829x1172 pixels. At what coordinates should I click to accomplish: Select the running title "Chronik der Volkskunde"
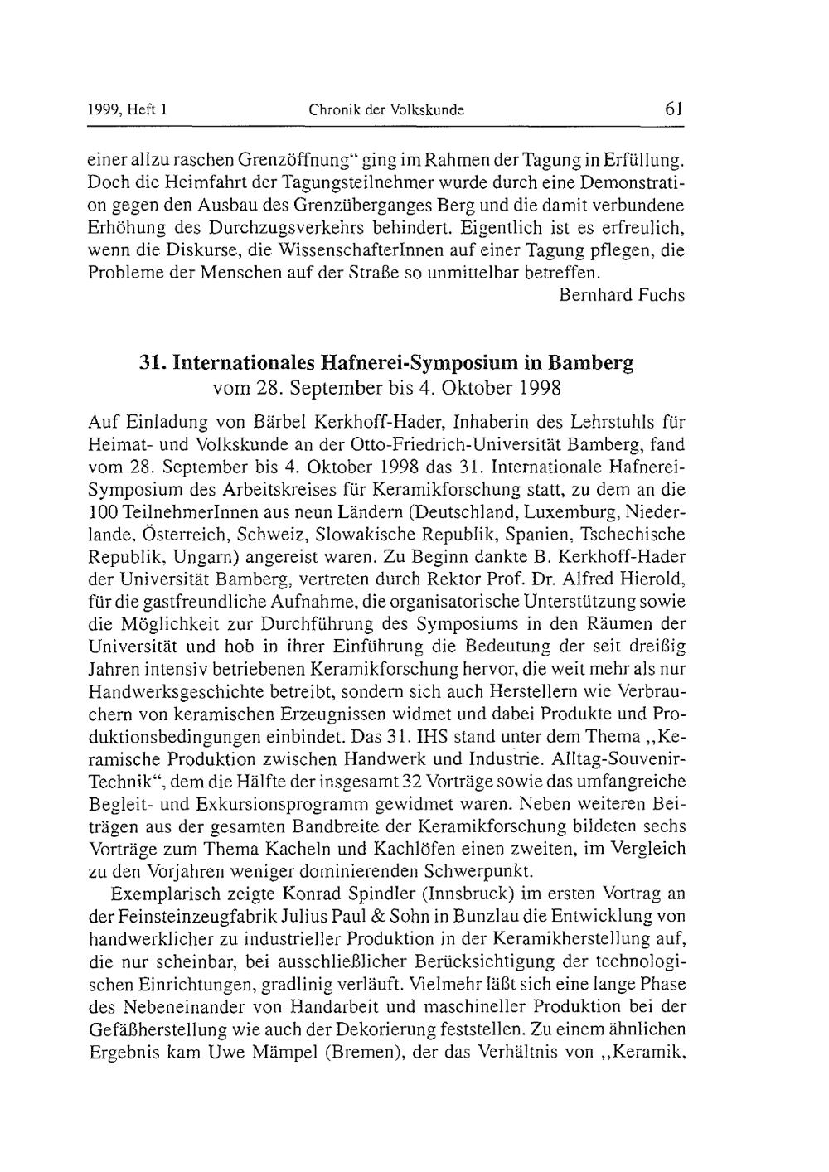point(385,109)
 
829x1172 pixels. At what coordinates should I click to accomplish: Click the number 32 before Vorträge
point(390,782)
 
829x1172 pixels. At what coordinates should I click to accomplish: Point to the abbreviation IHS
point(429,736)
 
